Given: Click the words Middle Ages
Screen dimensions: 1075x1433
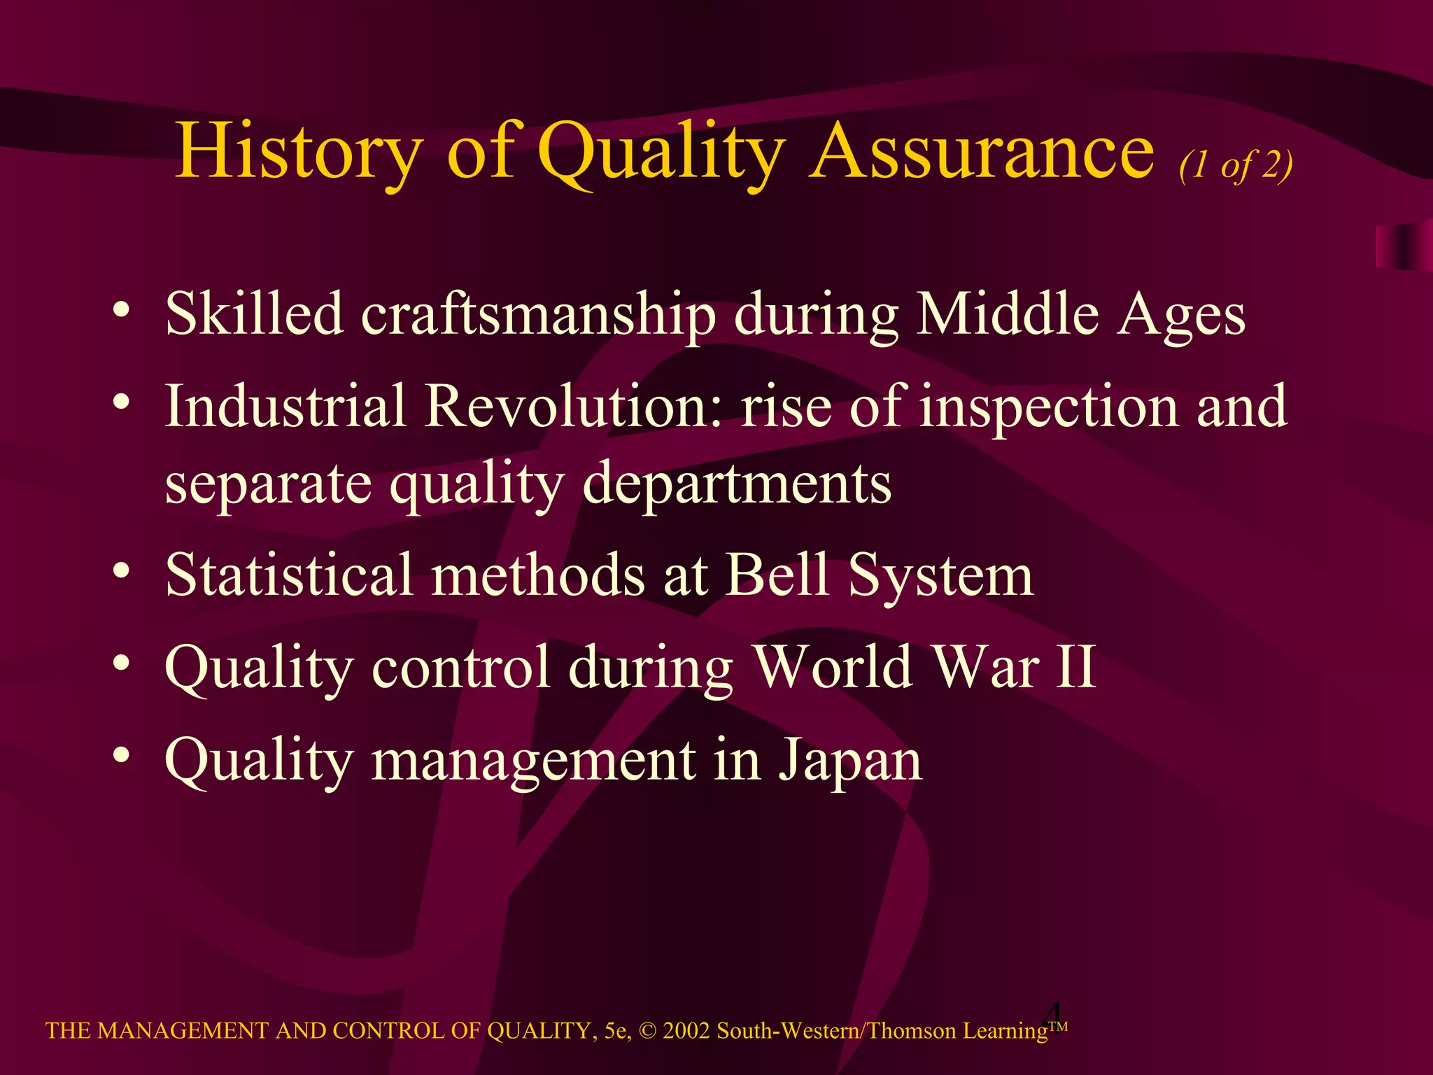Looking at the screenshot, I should [1081, 314].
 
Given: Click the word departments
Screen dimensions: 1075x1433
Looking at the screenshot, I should [737, 484].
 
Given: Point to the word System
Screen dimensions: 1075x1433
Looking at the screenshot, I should [940, 576].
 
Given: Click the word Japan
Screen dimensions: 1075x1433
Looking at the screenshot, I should [851, 761].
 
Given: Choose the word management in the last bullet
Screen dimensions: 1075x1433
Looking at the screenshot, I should [533, 761].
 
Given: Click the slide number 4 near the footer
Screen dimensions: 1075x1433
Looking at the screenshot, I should [1053, 1014].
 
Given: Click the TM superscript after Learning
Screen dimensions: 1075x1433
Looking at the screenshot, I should [1059, 1026].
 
